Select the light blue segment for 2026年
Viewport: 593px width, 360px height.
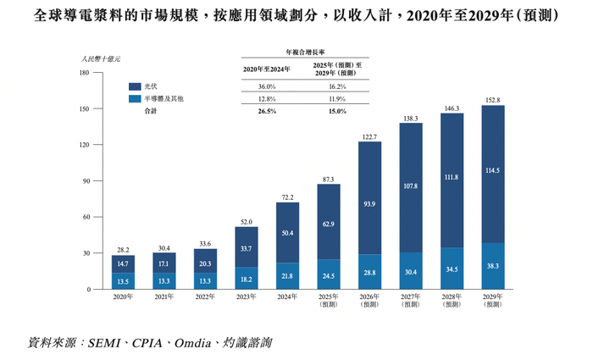pyautogui.click(x=369, y=273)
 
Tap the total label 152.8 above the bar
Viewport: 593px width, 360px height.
pyautogui.click(x=493, y=100)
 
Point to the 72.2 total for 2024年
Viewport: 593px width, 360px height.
pyautogui.click(x=287, y=197)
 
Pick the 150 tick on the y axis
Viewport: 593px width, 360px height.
pyautogui.click(x=83, y=108)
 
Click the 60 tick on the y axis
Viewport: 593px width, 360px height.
pyautogui.click(x=85, y=218)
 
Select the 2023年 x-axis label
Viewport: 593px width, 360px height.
pyautogui.click(x=247, y=296)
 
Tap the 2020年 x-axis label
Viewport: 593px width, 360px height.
pyautogui.click(x=123, y=296)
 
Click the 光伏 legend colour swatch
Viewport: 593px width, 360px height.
pyautogui.click(x=135, y=86)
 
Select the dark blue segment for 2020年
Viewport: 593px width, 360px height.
pyautogui.click(x=123, y=263)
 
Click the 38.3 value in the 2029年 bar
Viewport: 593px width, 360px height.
pyautogui.click(x=493, y=266)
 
